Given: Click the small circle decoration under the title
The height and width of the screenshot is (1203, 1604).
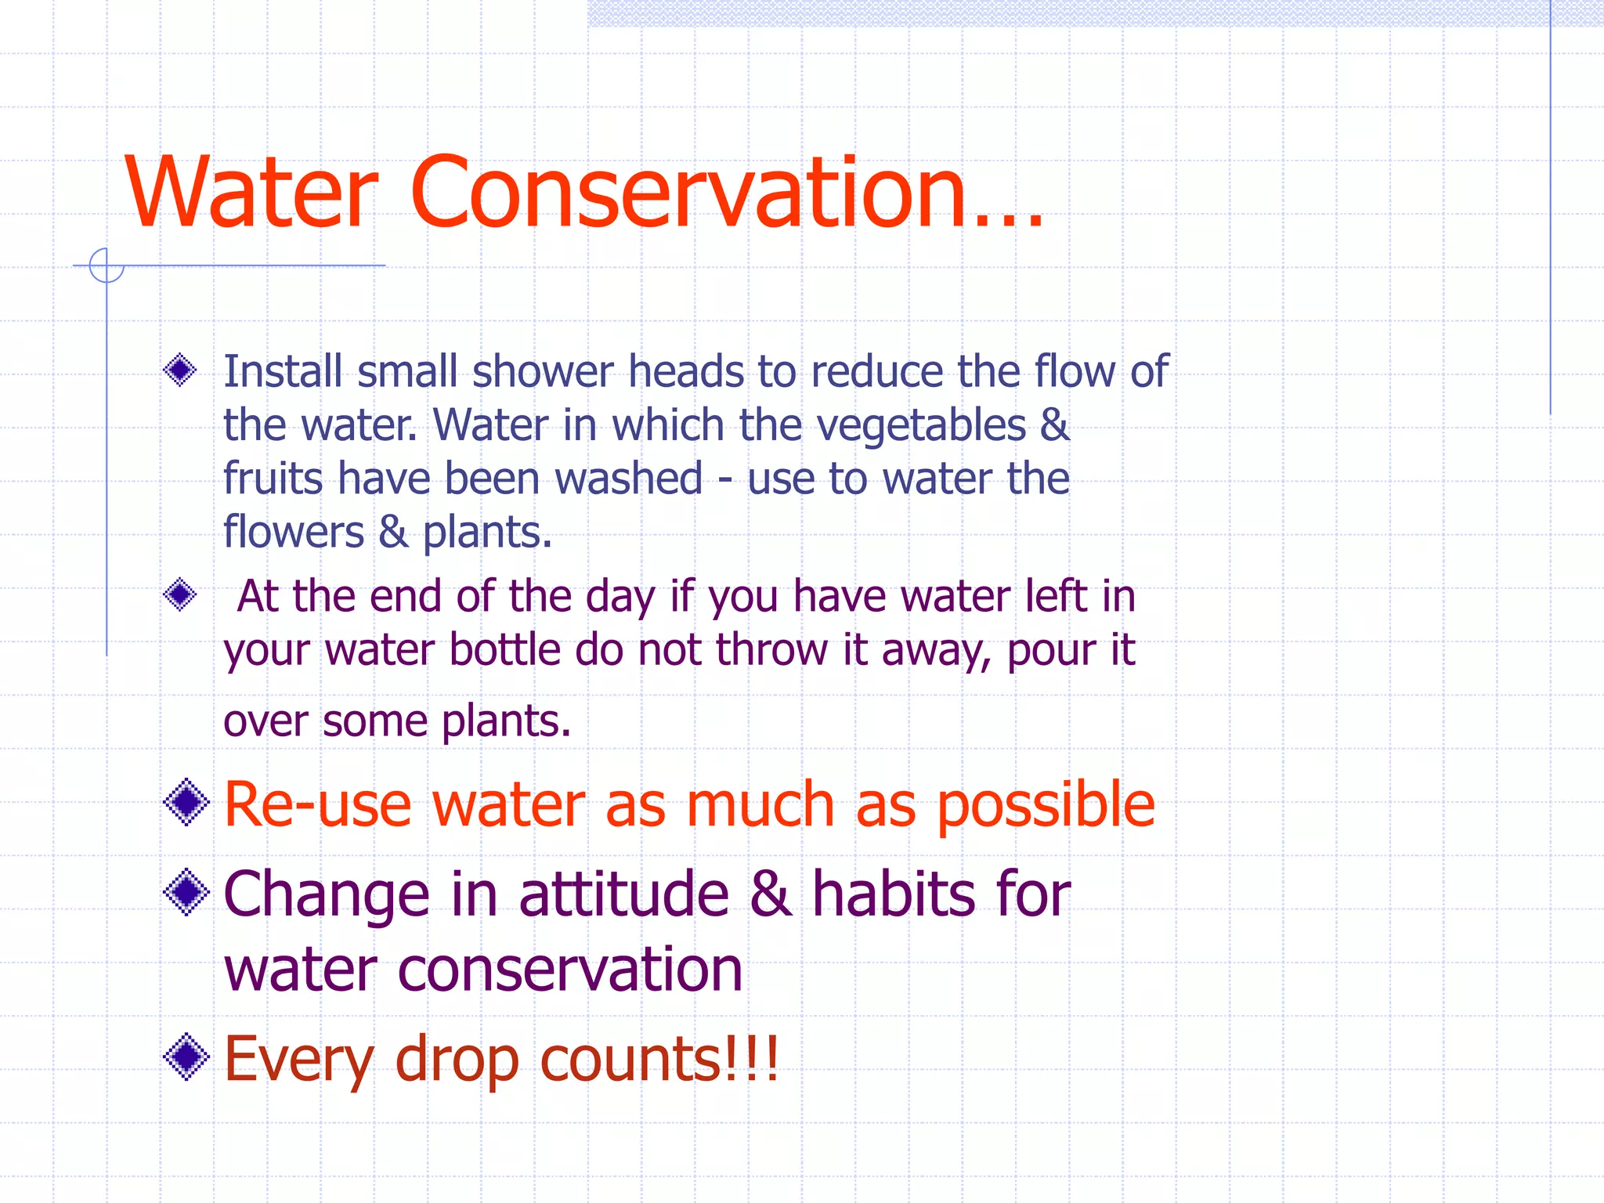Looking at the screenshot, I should (x=107, y=266).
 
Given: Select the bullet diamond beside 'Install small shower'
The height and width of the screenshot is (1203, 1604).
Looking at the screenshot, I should (x=180, y=370).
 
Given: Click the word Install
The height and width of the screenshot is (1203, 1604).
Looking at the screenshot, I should (x=283, y=371).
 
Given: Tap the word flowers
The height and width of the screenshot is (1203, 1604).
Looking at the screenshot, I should (x=294, y=533).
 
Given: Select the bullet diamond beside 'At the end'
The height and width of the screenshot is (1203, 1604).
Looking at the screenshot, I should (x=180, y=595).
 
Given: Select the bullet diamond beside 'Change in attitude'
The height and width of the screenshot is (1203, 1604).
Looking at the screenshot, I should (x=186, y=892).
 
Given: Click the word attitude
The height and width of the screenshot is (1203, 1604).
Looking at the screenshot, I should (x=624, y=894).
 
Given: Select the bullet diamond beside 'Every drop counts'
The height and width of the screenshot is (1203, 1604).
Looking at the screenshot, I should (x=186, y=1057).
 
